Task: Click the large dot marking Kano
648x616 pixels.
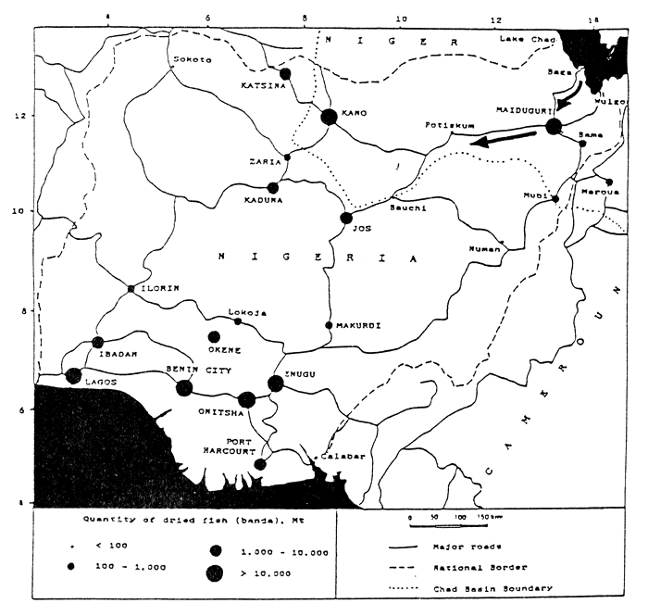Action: pos(329,117)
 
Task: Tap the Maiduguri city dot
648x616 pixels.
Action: pos(555,126)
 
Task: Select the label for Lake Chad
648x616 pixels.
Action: pos(526,39)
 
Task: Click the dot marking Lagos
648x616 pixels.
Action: pos(74,376)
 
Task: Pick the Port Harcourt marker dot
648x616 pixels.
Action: pos(260,463)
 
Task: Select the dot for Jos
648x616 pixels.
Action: pos(346,218)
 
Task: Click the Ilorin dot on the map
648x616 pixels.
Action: pos(131,289)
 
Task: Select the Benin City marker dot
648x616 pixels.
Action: pos(184,388)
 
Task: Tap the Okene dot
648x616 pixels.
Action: pos(215,337)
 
